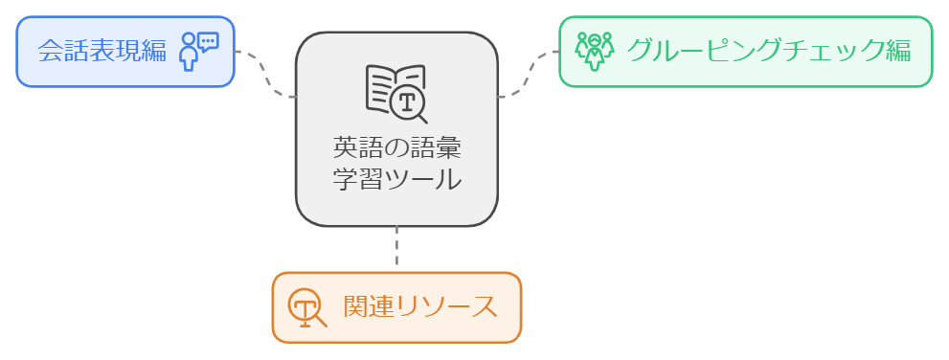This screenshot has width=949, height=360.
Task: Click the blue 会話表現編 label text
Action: [x=102, y=51]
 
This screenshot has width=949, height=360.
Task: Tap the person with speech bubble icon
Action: [x=198, y=52]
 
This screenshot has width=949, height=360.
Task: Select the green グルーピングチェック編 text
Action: [x=769, y=51]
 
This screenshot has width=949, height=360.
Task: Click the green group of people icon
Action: [x=595, y=52]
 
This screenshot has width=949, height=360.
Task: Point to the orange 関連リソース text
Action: [x=420, y=306]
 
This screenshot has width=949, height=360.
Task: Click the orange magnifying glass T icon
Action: [x=306, y=307]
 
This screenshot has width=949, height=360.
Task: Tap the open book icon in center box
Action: [x=396, y=93]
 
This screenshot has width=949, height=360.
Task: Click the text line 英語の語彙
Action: [x=397, y=147]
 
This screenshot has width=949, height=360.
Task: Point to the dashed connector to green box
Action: [x=529, y=74]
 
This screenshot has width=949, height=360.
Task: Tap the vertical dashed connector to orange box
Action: [x=396, y=249]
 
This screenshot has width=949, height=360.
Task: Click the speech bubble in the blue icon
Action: [x=208, y=42]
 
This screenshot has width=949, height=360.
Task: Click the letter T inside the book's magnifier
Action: [x=407, y=102]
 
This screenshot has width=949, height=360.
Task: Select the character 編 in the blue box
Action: [x=154, y=51]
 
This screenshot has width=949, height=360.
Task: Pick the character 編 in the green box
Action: [x=899, y=51]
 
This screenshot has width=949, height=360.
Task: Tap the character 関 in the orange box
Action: [x=356, y=306]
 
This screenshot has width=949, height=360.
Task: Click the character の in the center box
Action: [x=397, y=148]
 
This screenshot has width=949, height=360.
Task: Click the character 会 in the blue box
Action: [x=50, y=51]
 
